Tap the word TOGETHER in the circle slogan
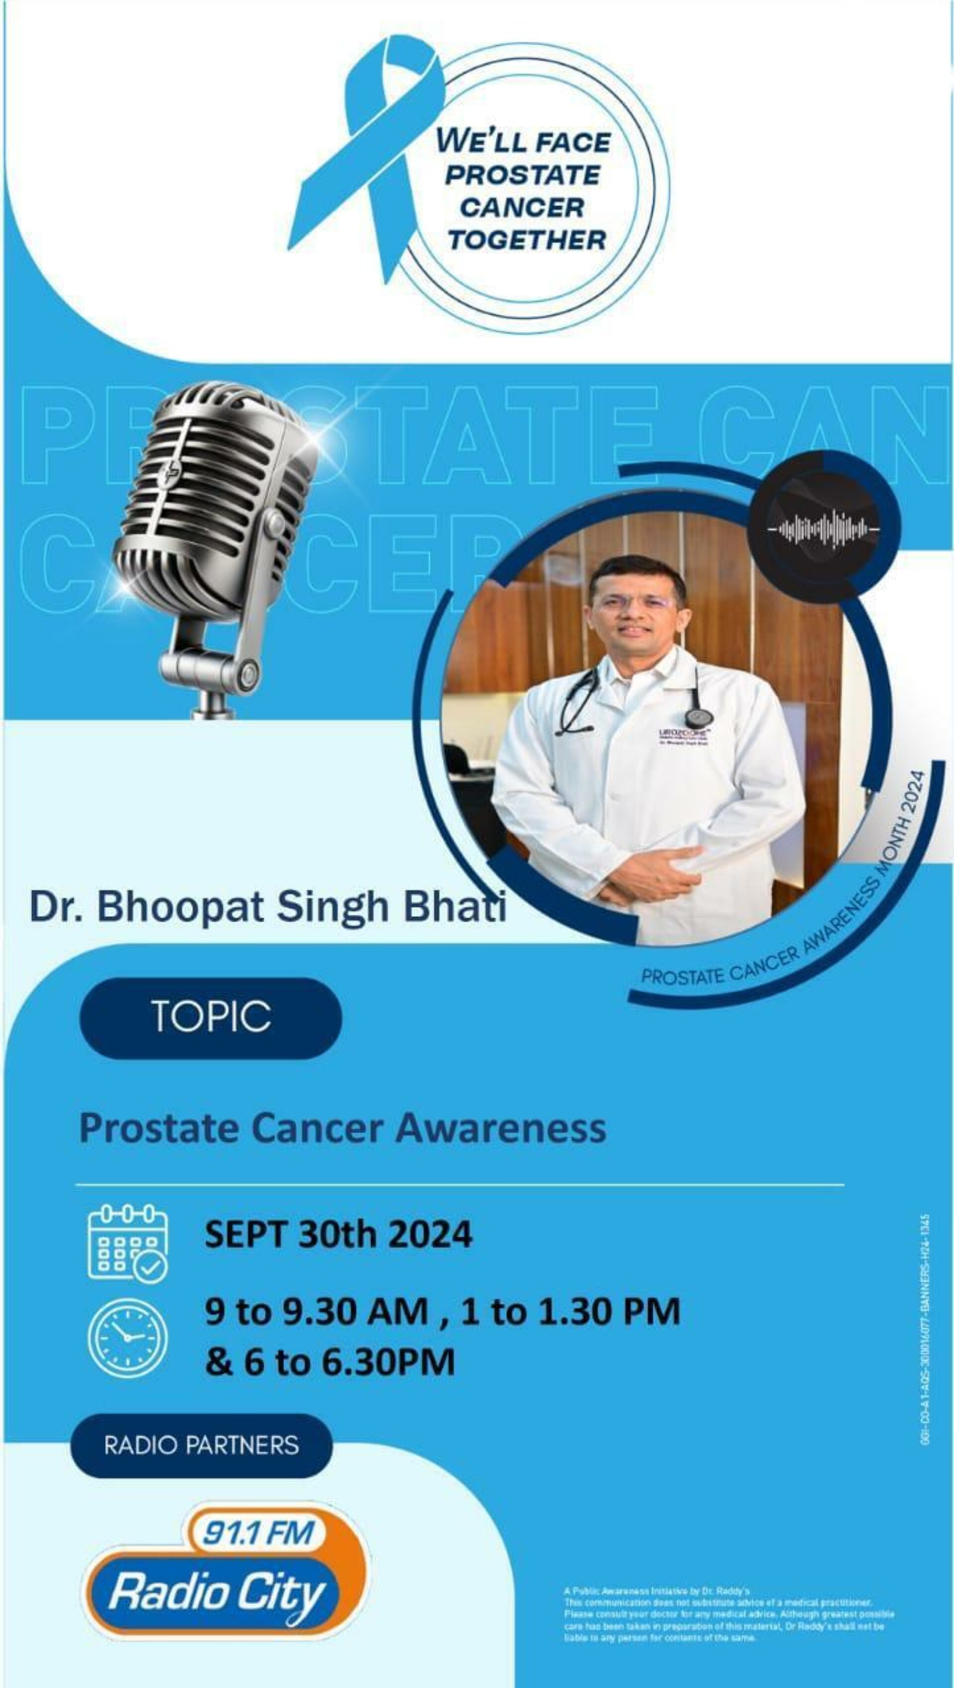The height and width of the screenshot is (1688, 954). (x=527, y=240)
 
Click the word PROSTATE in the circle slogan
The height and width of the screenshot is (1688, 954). (x=523, y=175)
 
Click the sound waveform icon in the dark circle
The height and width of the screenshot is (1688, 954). (x=824, y=527)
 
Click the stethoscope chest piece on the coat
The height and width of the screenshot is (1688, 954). (x=695, y=718)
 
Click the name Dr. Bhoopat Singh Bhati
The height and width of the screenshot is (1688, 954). (x=267, y=907)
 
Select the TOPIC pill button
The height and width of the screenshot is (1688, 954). (x=211, y=1017)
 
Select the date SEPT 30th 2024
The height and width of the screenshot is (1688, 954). (x=338, y=1235)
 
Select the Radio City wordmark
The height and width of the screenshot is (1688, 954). (x=216, y=1592)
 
